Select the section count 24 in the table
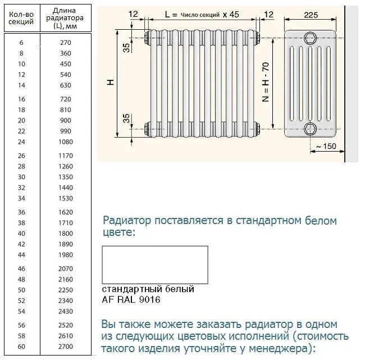pos(22,142)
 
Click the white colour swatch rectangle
pos(155,265)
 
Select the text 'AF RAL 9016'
pos(131,299)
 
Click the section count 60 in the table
pos(22,347)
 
